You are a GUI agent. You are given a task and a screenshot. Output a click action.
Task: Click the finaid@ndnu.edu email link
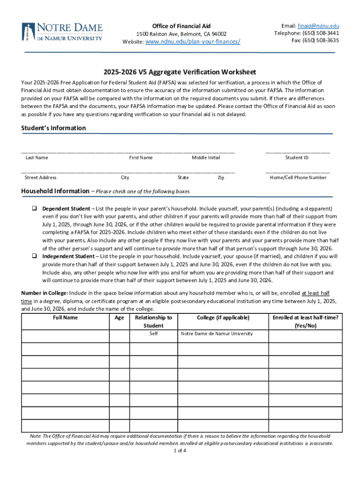click(x=318, y=26)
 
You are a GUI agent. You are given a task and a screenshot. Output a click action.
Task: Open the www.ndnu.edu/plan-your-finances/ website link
click(x=193, y=42)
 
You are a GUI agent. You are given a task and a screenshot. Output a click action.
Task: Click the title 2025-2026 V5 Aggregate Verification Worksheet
click(x=180, y=72)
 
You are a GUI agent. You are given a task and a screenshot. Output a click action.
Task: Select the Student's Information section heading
click(x=54, y=128)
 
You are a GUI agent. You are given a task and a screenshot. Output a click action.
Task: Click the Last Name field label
click(x=36, y=158)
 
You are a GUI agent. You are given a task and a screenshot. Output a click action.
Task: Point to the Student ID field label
click(x=297, y=158)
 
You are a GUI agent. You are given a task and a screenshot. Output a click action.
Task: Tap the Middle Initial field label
click(x=206, y=158)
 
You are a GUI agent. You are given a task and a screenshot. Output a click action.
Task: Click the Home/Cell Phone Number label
click(x=298, y=178)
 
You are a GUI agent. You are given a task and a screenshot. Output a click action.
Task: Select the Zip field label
click(x=221, y=178)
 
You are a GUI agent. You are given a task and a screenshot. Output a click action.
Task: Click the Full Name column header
click(x=65, y=318)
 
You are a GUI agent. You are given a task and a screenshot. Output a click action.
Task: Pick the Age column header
click(x=119, y=318)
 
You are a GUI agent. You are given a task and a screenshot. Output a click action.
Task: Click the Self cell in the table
click(x=153, y=334)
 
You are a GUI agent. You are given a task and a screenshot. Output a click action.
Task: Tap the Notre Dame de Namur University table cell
click(x=216, y=334)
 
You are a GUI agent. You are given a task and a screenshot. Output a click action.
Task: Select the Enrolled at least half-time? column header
click(x=306, y=321)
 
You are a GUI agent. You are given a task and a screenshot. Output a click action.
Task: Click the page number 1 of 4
click(x=180, y=451)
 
